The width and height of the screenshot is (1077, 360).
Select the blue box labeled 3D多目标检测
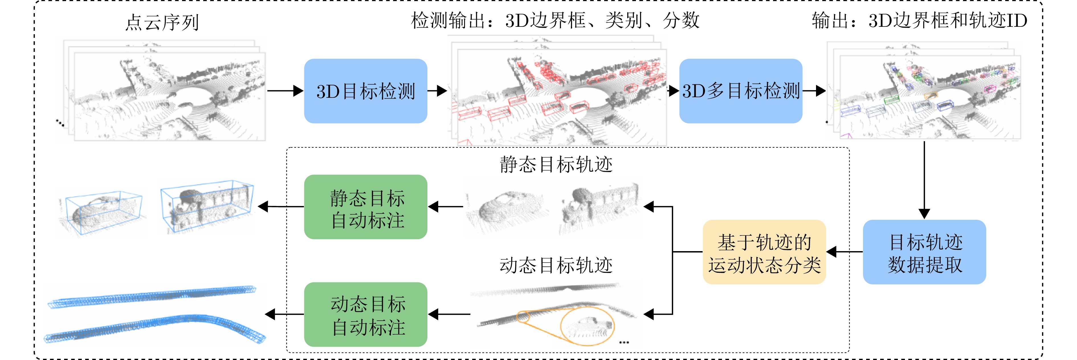(741, 91)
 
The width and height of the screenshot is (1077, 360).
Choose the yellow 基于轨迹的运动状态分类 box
(764, 252)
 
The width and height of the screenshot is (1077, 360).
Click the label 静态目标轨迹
(556, 164)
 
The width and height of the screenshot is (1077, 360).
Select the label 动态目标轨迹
(556, 265)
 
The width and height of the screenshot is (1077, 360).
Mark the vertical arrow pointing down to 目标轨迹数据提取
(924, 180)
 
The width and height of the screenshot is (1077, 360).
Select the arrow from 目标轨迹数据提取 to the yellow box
(845, 252)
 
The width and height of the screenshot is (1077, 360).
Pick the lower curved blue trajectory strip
(155, 329)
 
